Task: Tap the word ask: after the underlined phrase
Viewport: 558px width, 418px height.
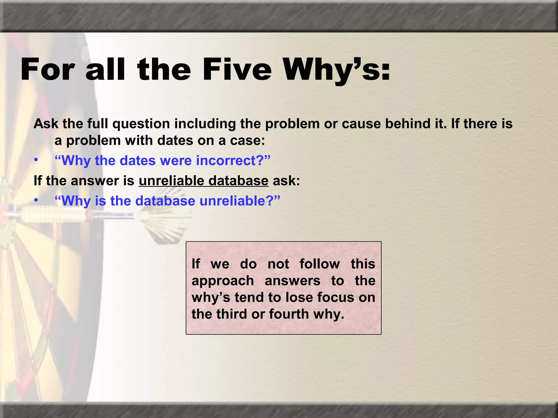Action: [x=286, y=181]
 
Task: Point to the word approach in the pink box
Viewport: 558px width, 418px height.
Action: [x=223, y=281]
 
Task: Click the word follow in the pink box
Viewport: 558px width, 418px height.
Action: [x=320, y=264]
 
